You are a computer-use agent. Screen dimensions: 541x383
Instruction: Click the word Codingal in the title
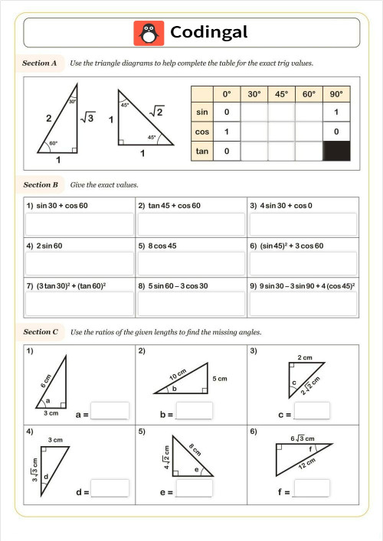point(208,32)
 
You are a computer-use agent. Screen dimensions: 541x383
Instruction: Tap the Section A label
point(41,64)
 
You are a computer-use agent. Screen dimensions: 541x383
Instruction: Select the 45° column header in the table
point(281,94)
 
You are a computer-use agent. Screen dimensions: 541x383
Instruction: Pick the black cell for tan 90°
point(336,152)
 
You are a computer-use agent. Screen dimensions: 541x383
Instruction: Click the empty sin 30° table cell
point(254,113)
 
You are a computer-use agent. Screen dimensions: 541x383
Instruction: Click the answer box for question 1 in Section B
point(79,224)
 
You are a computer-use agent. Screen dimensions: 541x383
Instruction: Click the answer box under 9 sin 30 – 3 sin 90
point(303,304)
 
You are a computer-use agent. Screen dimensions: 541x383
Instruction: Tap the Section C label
point(41,332)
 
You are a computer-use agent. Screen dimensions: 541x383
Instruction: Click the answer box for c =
point(312,411)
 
